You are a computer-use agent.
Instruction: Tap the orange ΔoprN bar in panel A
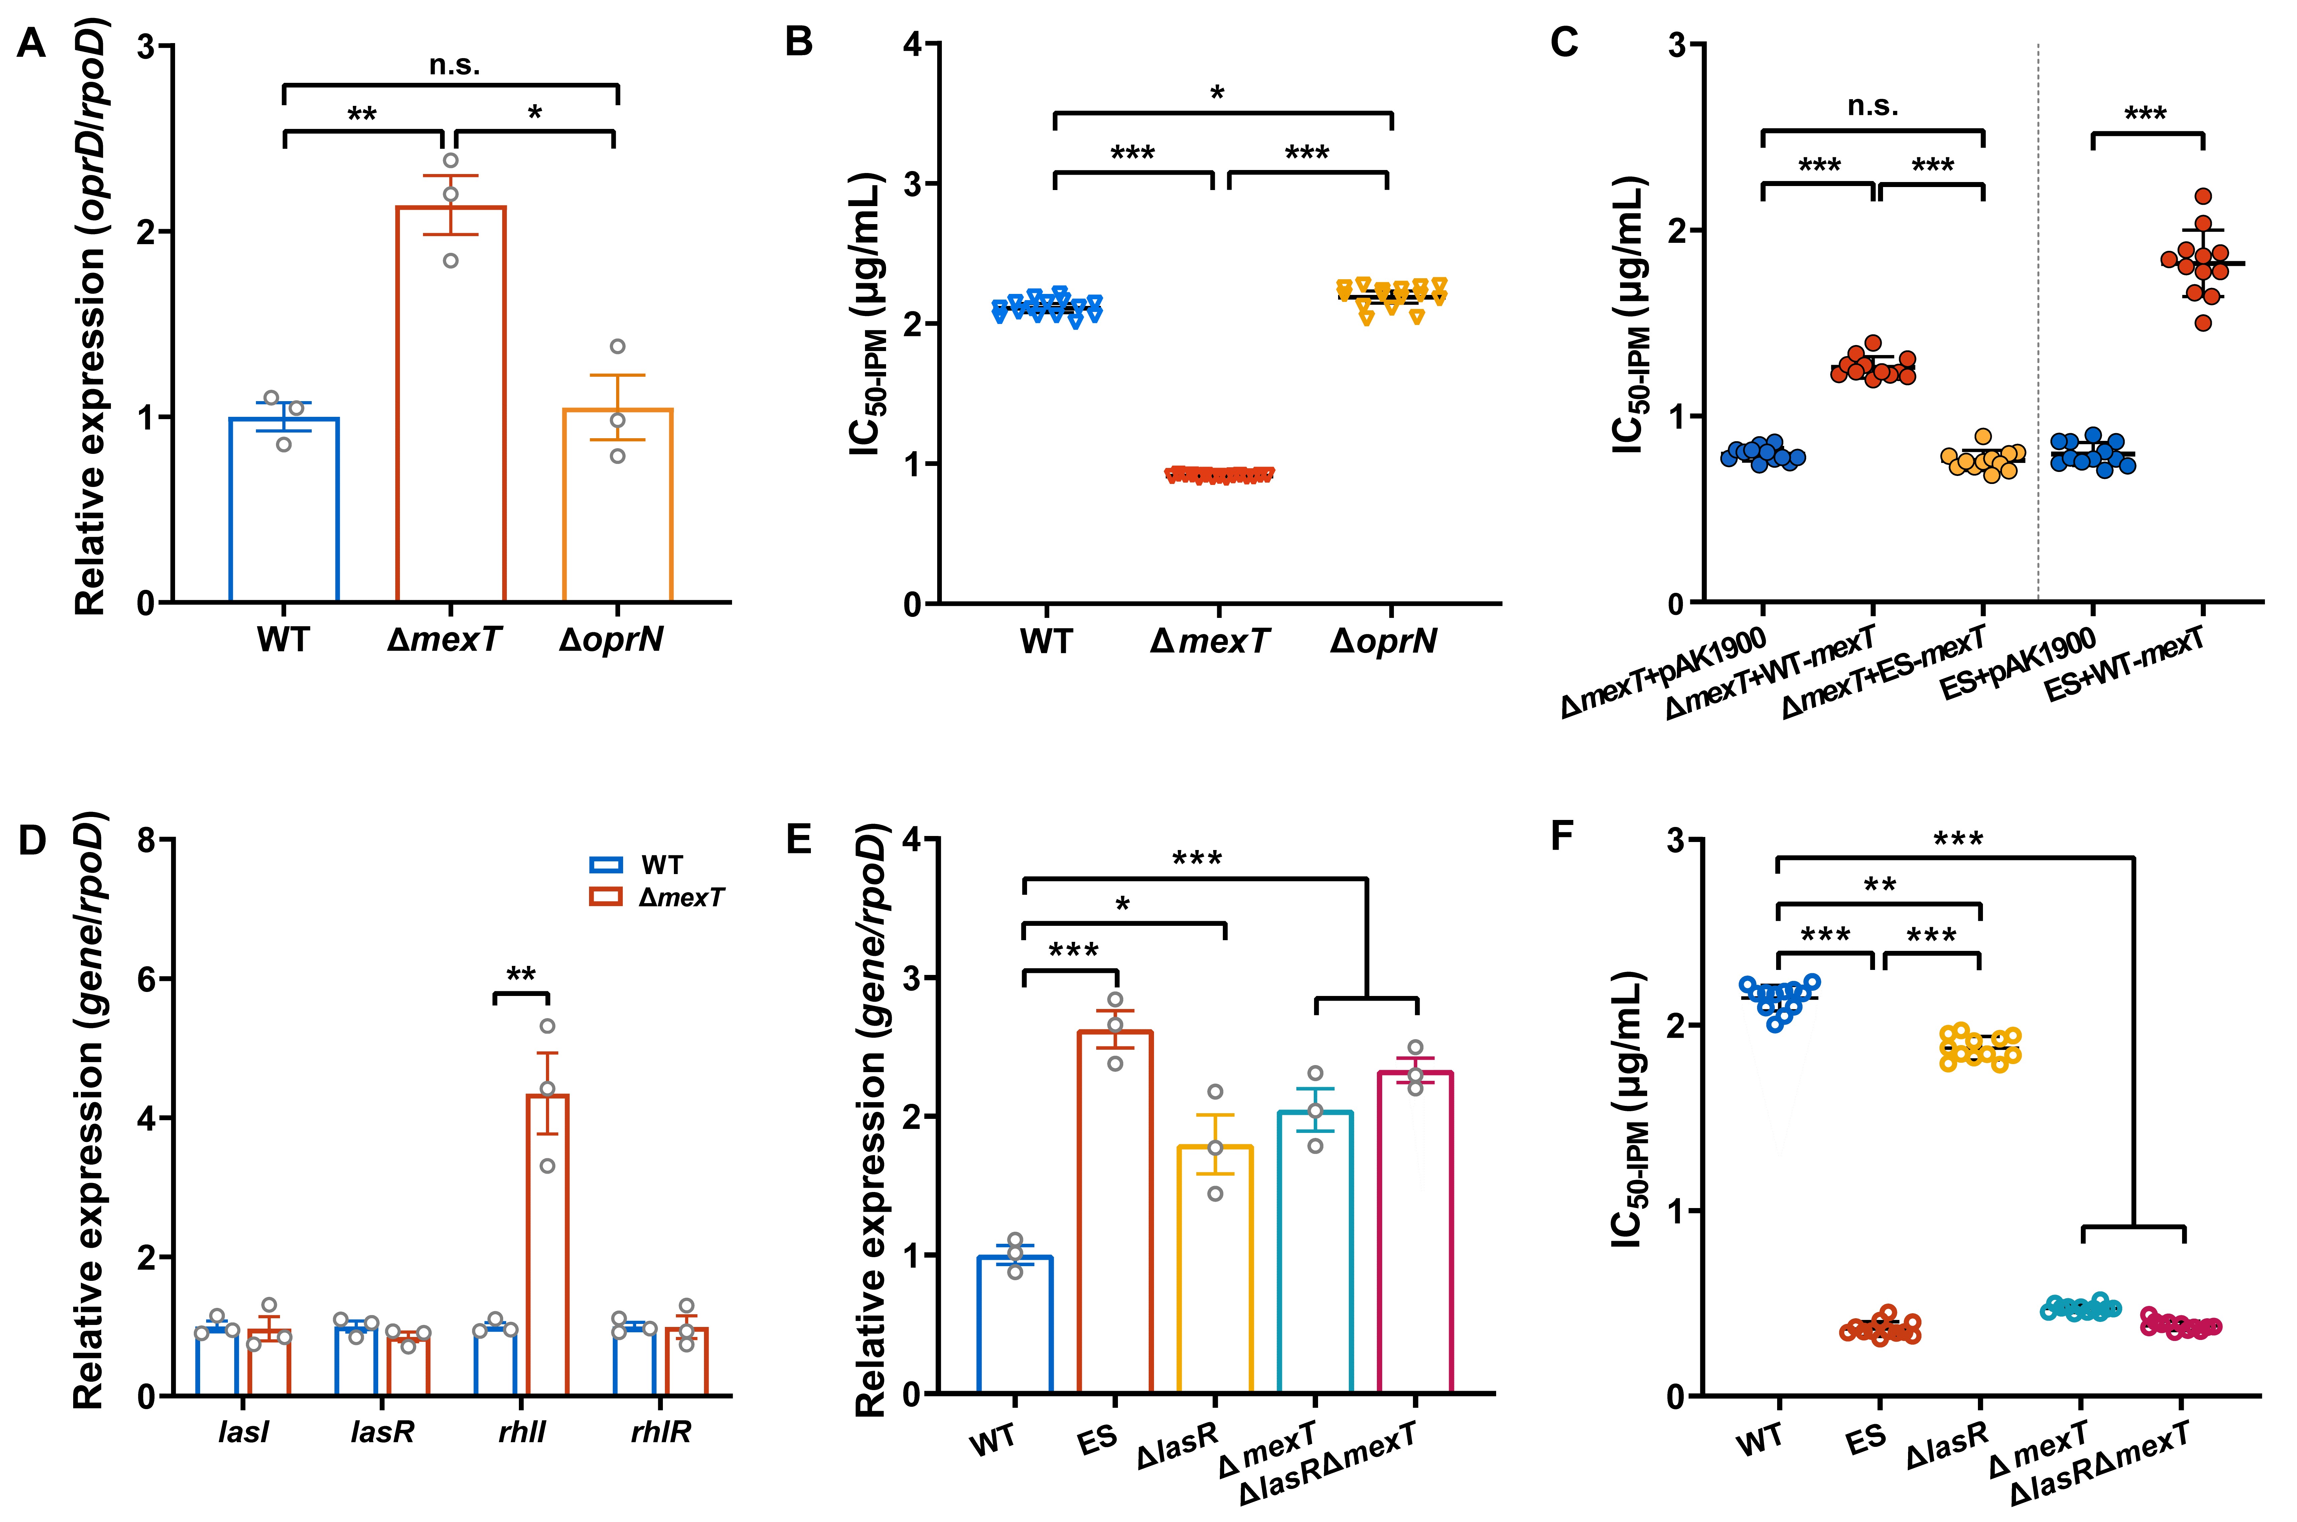coord(617,505)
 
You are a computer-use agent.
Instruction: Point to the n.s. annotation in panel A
coord(454,65)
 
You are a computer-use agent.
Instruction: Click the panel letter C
coord(1564,44)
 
